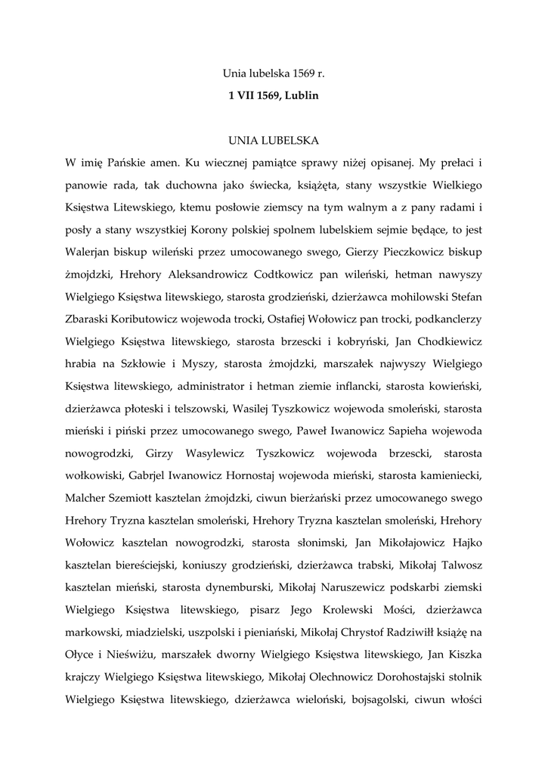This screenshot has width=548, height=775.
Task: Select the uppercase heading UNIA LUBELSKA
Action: (x=274, y=140)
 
